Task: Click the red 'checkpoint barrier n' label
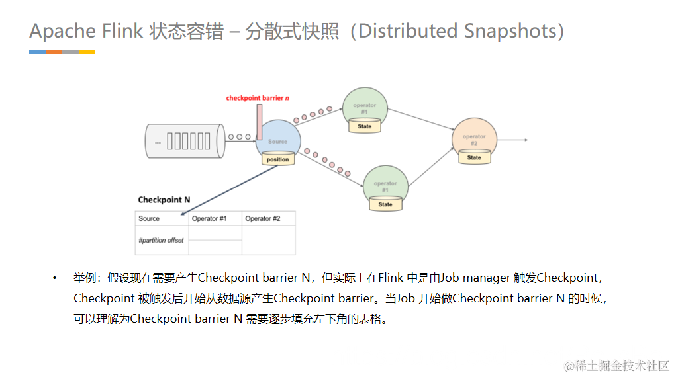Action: [x=258, y=98]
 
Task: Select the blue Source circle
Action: [x=278, y=137]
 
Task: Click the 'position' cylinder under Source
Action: [x=277, y=159]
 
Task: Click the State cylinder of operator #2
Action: [x=474, y=158]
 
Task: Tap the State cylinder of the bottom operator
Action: [x=385, y=205]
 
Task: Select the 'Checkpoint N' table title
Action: [x=164, y=200]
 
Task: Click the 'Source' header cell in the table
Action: [x=149, y=219]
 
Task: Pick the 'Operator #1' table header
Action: [x=209, y=219]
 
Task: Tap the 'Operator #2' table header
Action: [x=263, y=219]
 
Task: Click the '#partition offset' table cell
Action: [x=161, y=241]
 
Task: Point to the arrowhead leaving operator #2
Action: [x=524, y=140]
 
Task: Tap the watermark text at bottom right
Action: [x=616, y=366]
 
